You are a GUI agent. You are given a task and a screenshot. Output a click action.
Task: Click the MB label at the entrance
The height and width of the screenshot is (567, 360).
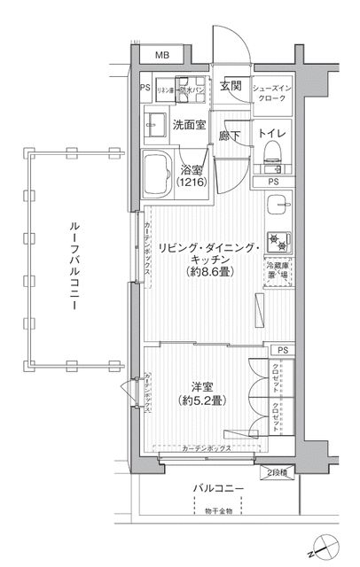pos(162,56)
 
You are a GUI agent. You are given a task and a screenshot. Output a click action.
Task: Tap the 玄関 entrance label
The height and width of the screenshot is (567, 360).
pos(231,87)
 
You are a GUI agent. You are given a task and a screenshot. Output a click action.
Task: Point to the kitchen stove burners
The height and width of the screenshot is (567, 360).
pos(277,237)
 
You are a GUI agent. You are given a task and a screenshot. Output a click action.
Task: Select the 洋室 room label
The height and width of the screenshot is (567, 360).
pos(202,386)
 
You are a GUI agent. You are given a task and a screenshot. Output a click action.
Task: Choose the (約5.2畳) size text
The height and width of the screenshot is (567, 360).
pos(202,402)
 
